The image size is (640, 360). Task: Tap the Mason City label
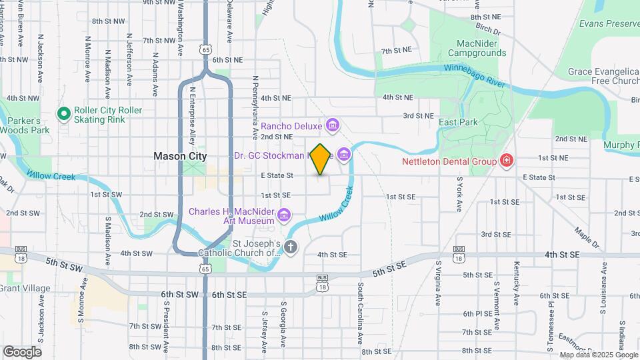180,156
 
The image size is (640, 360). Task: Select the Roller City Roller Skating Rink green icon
64,115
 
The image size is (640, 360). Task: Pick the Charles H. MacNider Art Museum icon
285,214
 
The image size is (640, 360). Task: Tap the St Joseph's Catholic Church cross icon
290,247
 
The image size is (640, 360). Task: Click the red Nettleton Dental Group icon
507,161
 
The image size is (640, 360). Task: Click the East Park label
458,123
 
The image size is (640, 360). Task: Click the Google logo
22,352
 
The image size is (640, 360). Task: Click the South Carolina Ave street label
360,313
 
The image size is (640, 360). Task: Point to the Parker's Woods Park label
25,125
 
